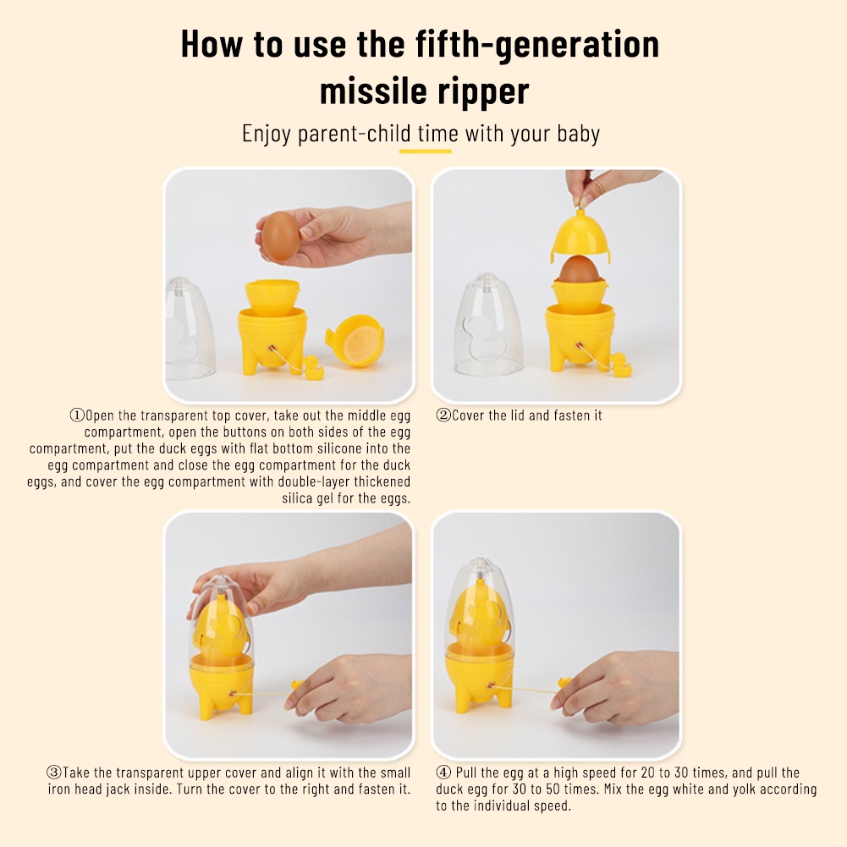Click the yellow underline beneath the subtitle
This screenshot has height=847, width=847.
click(425, 151)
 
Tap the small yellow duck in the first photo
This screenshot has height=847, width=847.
click(312, 367)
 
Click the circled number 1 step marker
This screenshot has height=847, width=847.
click(77, 415)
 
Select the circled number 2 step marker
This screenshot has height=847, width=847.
click(443, 415)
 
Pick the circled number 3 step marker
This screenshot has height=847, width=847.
click(54, 773)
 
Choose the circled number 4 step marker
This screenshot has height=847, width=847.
click(443, 773)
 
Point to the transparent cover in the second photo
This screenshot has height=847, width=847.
click(487, 325)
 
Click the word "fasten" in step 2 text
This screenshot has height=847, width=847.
click(571, 415)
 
